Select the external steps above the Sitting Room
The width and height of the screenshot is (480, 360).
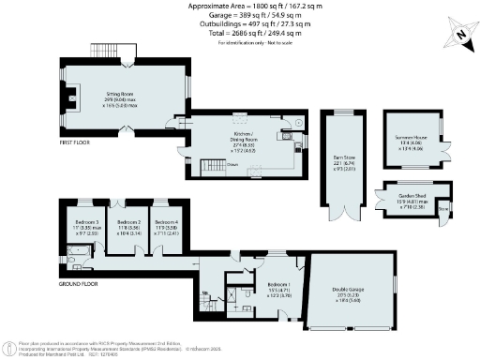101,50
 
